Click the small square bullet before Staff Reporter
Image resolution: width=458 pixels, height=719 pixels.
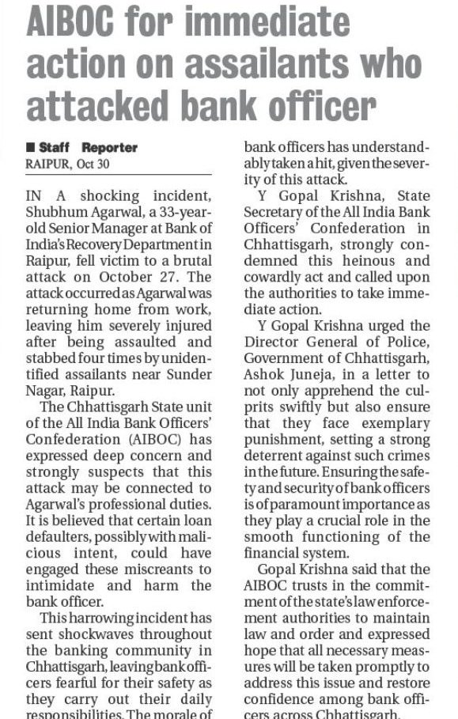[x=29, y=147]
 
